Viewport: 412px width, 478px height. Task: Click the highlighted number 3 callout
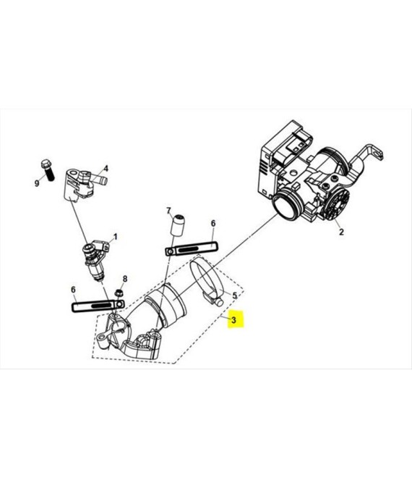pos(233,320)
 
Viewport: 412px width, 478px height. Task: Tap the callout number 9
pos(37,183)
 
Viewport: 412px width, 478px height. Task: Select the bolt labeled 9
pos(48,170)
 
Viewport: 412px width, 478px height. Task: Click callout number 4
pos(106,168)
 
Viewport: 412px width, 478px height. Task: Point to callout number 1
pos(115,237)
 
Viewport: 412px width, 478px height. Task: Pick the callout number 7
pos(168,210)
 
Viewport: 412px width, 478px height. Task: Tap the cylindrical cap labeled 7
pos(177,225)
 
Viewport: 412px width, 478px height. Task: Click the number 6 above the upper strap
pos(213,224)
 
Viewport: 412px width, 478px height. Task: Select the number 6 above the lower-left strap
pos(73,290)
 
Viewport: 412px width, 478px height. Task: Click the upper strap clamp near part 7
pos(192,248)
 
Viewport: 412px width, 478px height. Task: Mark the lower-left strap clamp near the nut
pos(98,306)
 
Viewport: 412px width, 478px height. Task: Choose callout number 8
pos(125,279)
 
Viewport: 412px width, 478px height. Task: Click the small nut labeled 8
pos(119,293)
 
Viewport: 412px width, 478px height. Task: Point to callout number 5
pos(234,295)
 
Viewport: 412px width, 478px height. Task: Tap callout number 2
pos(341,232)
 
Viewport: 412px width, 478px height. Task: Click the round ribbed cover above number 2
pos(336,202)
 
